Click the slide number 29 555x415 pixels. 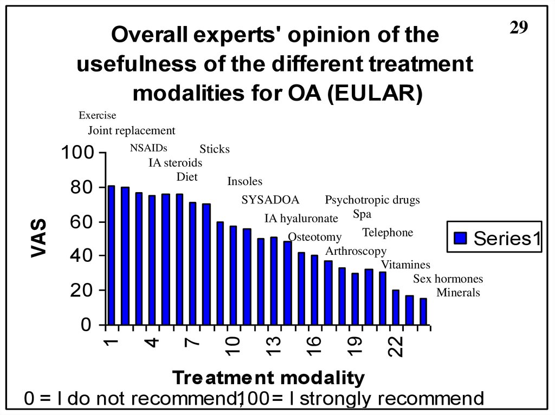pyautogui.click(x=519, y=28)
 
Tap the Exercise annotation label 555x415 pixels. pyautogui.click(x=98, y=115)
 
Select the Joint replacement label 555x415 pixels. pyautogui.click(x=132, y=130)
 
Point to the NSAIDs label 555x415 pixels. pyautogui.click(x=149, y=148)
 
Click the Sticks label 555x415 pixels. pyautogui.click(x=215, y=149)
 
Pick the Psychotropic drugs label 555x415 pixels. pyautogui.click(x=372, y=200)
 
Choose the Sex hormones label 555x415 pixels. pyautogui.click(x=448, y=279)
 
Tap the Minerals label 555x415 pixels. pyautogui.click(x=459, y=293)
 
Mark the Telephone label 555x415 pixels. pyautogui.click(x=388, y=233)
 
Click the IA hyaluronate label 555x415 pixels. pyautogui.click(x=301, y=219)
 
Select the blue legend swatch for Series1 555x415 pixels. pyautogui.click(x=460, y=238)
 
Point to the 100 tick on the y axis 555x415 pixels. pyautogui.click(x=76, y=153)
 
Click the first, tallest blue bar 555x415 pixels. pyautogui.click(x=112, y=255)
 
